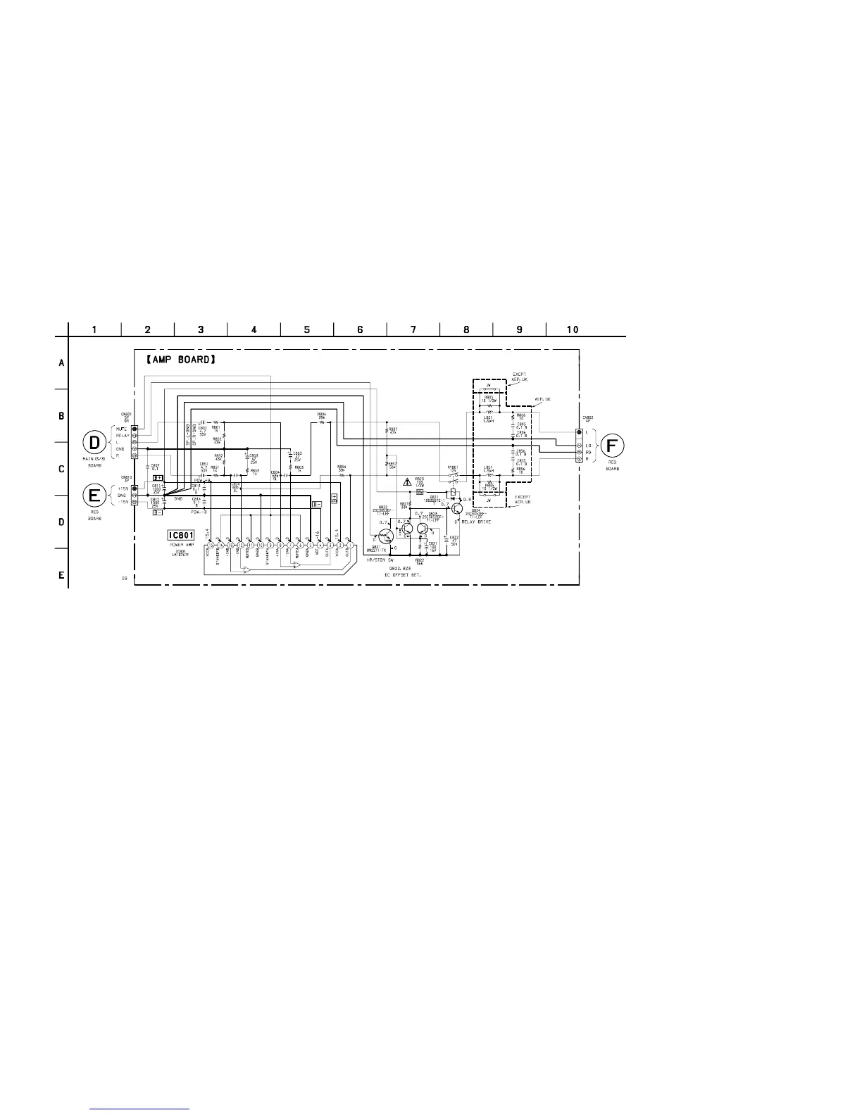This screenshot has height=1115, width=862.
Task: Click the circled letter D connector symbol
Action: pyautogui.click(x=94, y=443)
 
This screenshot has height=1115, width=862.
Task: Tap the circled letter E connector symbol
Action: pyautogui.click(x=94, y=495)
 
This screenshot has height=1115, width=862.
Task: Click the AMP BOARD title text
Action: pyautogui.click(x=179, y=359)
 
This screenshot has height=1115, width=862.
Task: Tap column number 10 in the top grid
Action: pyautogui.click(x=573, y=329)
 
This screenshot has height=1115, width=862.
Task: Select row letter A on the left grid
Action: pyautogui.click(x=61, y=363)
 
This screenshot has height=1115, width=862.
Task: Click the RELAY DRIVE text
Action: pyautogui.click(x=476, y=522)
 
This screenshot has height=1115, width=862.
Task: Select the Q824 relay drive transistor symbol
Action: pyautogui.click(x=458, y=508)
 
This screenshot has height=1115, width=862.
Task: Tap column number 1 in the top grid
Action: pyautogui.click(x=94, y=329)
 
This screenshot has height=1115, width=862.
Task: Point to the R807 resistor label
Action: pyautogui.click(x=392, y=428)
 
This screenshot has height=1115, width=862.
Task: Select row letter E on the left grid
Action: pyautogui.click(x=61, y=575)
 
